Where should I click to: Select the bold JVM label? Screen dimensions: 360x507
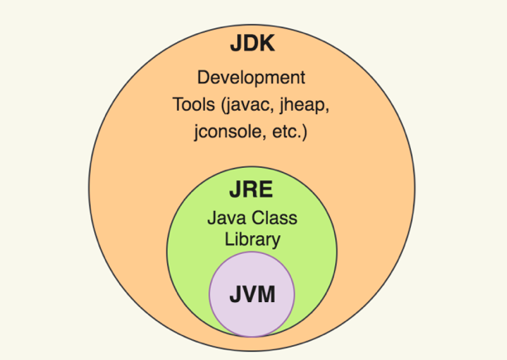[x=251, y=294]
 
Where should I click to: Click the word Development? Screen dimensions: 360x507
[x=251, y=79]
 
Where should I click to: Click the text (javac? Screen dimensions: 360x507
[x=247, y=105]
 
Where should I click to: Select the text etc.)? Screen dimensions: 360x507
[x=285, y=132]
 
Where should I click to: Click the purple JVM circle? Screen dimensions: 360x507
[x=251, y=319]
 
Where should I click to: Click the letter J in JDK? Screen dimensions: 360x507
[x=233, y=45]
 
